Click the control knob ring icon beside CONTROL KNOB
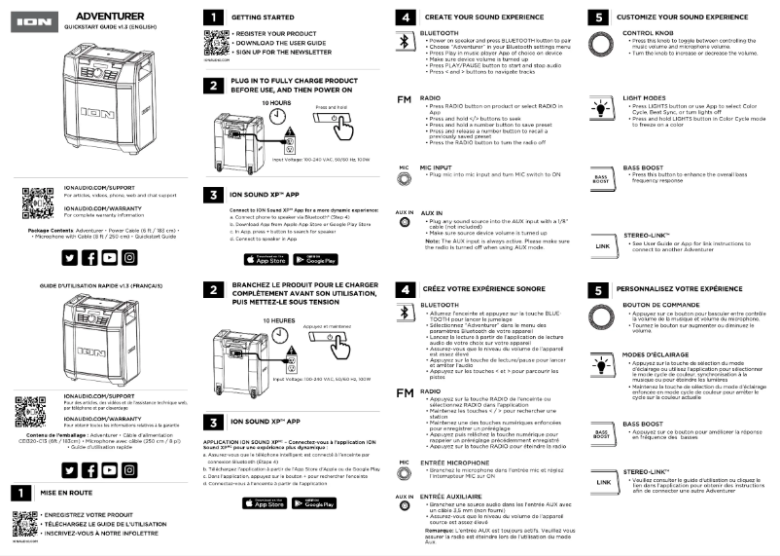602,44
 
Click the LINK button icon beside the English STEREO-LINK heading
602,245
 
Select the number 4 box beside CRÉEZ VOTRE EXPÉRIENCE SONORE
405,289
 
